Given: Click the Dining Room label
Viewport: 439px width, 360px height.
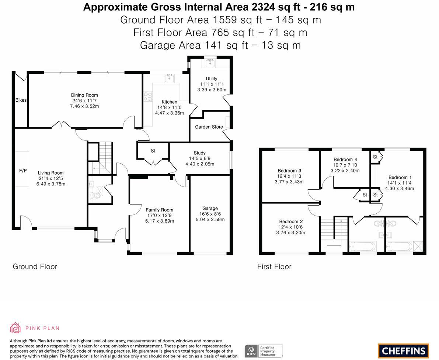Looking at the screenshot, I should click(84, 95).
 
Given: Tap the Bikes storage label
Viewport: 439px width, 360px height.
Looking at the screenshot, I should click(21, 100).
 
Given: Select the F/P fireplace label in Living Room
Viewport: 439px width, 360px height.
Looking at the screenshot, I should click(23, 171).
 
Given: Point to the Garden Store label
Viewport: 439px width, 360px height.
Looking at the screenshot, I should click(209, 127).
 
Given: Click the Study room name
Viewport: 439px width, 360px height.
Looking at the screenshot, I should click(199, 153).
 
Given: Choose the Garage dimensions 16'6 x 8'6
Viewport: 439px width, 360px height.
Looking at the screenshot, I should click(210, 214).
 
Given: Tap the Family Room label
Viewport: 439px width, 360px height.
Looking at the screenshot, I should click(159, 210).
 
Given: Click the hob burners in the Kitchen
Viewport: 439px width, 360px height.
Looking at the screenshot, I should click(148, 96).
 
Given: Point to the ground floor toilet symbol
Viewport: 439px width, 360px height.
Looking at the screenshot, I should click(96, 196).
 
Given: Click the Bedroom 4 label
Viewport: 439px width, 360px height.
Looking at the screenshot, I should click(345, 160).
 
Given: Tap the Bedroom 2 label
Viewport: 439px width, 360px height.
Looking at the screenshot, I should click(291, 221).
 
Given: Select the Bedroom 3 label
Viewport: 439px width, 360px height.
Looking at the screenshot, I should click(289, 171).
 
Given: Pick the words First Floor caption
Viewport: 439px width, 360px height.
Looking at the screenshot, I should click(274, 266).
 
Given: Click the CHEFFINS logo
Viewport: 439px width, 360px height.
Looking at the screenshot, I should click(404, 350).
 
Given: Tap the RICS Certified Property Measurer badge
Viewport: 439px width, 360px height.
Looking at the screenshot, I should click(264, 351).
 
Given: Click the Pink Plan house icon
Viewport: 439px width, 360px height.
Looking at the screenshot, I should click(15, 328).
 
